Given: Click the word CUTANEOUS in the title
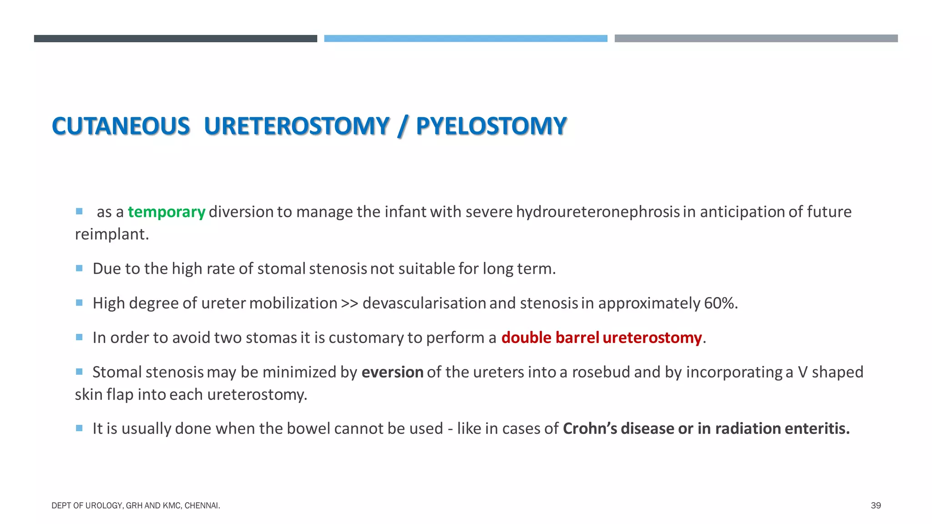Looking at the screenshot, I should pos(121,126).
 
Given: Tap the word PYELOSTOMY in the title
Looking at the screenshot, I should pos(491,126).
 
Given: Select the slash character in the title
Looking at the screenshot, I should pos(402,126).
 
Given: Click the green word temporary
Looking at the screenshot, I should pos(166,212).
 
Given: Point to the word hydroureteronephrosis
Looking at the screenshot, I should pos(598,212).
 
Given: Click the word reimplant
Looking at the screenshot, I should pos(111,234).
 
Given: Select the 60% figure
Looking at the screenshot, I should pos(720,303).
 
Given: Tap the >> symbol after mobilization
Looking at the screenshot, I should pos(349,303).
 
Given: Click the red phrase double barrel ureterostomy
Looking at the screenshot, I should pos(601,338).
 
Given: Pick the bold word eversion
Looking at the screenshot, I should pos(392,373).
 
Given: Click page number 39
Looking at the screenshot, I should pos(876,505).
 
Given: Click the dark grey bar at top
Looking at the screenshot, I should pos(175,39).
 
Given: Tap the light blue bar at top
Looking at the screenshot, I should pos(466,39).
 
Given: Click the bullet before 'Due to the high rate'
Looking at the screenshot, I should pos(79,268).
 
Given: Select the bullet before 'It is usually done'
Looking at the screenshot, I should pos(79,428).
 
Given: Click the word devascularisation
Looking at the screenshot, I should pos(424,303).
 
